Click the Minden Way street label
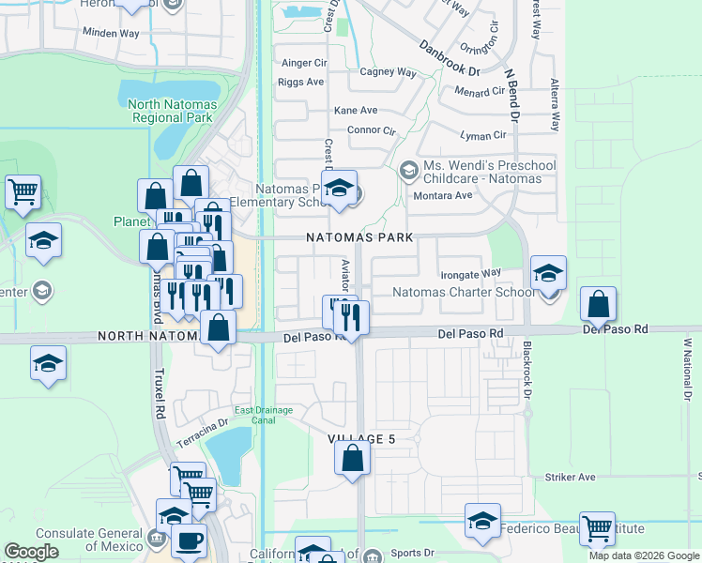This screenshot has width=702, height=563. click(x=111, y=33)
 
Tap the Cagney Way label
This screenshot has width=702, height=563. click(x=388, y=72)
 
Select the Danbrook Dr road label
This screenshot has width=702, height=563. click(x=449, y=57)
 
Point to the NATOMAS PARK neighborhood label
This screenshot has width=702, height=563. click(x=360, y=238)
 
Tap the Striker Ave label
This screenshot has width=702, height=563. click(x=570, y=478)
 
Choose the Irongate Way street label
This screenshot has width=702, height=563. click(x=471, y=274)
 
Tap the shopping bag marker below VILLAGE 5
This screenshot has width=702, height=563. click(x=353, y=459)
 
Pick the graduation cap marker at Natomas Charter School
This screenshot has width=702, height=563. click(x=549, y=273)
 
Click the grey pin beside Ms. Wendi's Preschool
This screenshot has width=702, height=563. click(x=408, y=170)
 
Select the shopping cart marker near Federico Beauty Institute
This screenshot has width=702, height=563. click(x=597, y=528)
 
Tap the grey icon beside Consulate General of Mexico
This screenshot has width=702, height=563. click(x=157, y=540)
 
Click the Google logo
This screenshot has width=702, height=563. click(x=32, y=552)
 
